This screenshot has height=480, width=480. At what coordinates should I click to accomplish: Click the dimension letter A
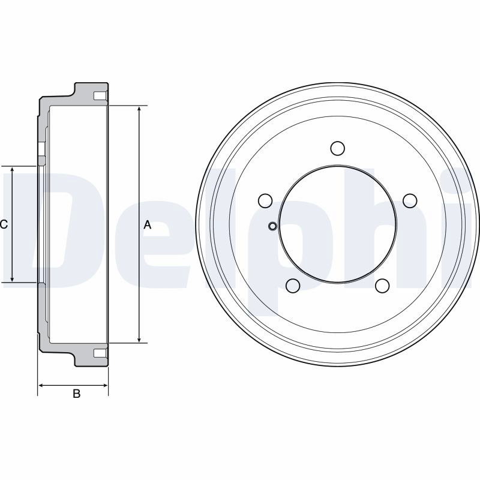(148, 225)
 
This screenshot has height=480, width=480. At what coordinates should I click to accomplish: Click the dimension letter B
(77, 394)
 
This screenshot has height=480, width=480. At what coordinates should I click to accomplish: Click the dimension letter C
(4, 224)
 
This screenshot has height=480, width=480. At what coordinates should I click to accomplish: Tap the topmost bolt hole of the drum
(338, 148)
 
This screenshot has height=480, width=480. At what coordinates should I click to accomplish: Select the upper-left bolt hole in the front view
(265, 201)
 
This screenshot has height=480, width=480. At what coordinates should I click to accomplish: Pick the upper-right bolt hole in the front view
(410, 200)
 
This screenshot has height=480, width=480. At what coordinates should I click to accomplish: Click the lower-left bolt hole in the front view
(293, 286)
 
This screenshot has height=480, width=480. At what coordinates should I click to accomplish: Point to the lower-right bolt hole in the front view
(382, 286)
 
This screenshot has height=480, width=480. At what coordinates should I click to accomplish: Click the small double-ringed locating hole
(272, 227)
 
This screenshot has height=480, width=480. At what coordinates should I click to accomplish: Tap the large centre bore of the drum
(338, 224)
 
